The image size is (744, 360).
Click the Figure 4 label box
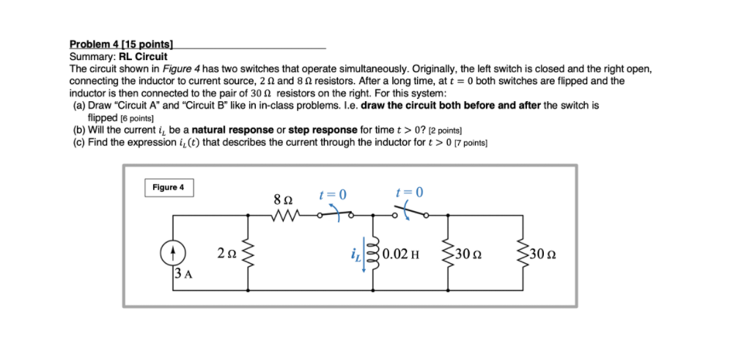(x=169, y=188)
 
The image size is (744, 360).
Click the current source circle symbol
(x=172, y=253)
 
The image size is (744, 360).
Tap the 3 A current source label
(x=183, y=275)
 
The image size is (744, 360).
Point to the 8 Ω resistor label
(x=282, y=199)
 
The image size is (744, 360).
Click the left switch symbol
(x=336, y=214)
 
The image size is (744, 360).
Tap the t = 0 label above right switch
(x=409, y=194)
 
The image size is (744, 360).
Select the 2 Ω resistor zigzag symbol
(x=248, y=254)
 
